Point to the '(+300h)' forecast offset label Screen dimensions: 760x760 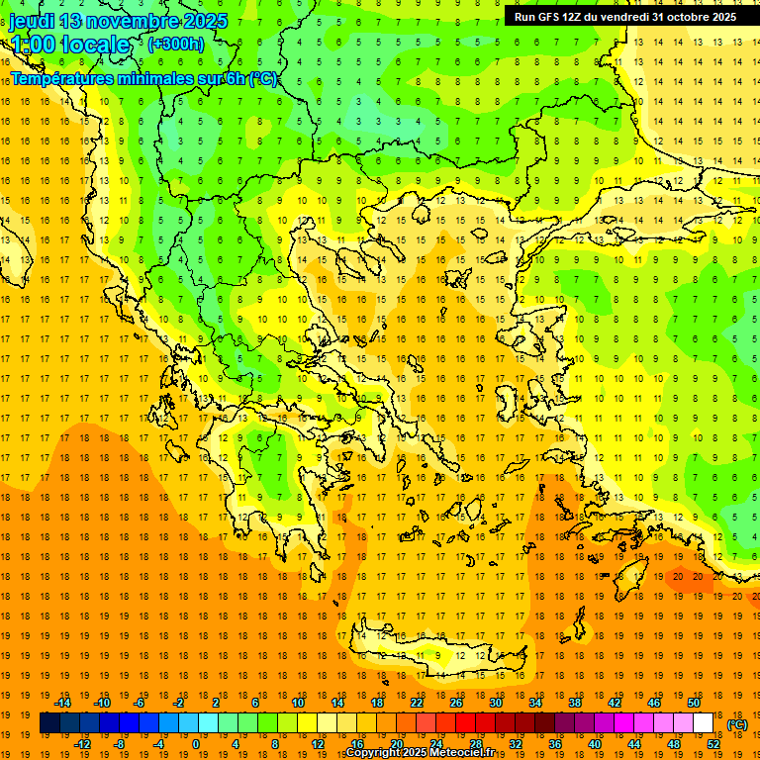[175, 44]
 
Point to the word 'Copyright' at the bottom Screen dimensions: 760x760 [375, 753]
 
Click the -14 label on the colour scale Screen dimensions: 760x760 [63, 703]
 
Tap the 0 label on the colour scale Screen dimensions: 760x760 [195, 744]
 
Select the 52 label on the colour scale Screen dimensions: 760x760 [712, 744]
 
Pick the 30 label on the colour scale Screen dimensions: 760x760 [495, 703]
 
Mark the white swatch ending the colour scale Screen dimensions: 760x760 [703, 723]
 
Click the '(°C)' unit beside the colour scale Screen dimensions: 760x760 [736, 724]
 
